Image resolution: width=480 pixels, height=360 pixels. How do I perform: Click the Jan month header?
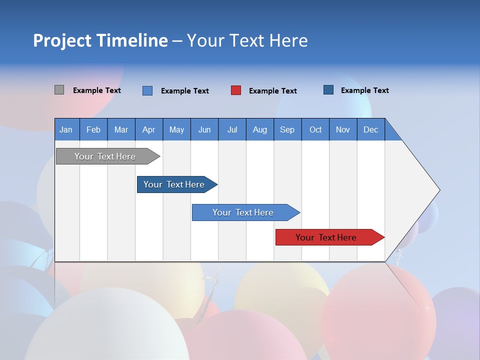(x=66, y=129)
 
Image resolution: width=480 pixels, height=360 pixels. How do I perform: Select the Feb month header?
(x=93, y=129)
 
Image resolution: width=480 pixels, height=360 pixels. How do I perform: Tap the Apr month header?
(x=148, y=129)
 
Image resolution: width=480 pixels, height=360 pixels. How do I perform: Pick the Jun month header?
(x=204, y=129)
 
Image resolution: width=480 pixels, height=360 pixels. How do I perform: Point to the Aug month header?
(x=259, y=129)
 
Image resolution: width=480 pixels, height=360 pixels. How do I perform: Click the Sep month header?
(x=287, y=129)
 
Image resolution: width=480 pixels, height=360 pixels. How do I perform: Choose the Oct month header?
(x=315, y=129)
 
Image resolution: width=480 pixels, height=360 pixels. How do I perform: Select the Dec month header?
(x=370, y=129)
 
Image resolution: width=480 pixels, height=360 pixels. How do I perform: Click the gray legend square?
(x=59, y=90)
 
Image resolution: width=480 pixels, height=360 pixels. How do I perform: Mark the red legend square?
(x=236, y=90)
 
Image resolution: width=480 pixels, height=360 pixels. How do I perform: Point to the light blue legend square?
(x=147, y=90)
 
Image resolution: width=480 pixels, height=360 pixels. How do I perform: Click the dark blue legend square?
(x=328, y=90)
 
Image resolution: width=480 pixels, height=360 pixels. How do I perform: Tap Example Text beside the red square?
(x=272, y=91)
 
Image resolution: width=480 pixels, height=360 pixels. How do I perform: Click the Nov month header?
(x=342, y=129)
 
